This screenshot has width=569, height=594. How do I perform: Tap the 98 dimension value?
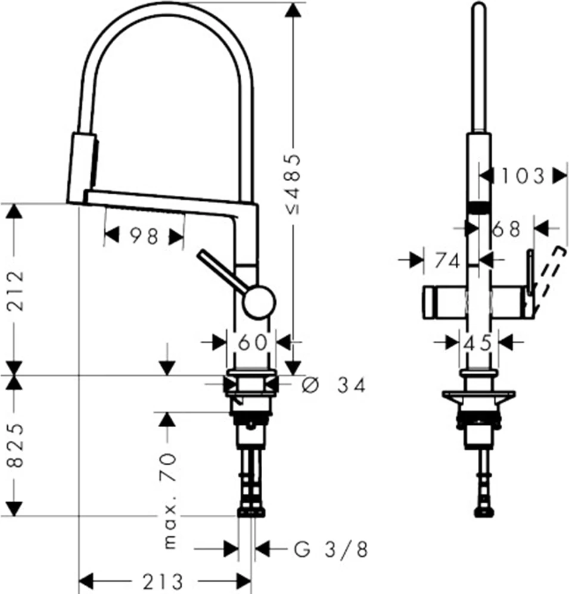144,237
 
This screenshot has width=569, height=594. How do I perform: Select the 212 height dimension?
16,291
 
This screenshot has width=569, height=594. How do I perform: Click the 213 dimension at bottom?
163,581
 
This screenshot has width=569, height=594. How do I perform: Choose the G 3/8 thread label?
331,549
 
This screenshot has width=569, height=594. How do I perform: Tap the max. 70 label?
170,501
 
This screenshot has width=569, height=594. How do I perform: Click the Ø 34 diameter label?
334,385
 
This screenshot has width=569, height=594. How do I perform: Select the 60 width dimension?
252,343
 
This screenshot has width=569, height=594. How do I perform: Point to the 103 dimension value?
523,176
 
